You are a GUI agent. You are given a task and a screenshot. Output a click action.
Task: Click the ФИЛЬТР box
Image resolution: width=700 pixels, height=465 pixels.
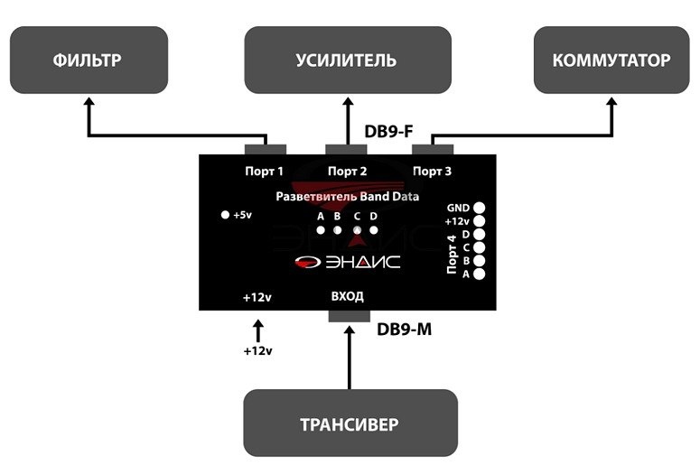click(89, 60)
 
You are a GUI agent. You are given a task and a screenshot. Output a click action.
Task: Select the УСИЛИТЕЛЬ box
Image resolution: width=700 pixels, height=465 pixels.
click(348, 60)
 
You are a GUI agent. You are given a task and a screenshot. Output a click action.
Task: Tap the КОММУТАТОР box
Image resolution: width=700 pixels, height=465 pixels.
click(611, 60)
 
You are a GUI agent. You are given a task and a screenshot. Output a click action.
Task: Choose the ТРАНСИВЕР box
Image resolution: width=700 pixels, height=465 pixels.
click(350, 423)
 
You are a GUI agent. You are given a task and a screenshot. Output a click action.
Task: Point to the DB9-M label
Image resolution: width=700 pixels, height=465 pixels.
click(404, 330)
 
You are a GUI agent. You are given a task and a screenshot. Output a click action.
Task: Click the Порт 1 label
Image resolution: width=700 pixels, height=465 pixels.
click(265, 171)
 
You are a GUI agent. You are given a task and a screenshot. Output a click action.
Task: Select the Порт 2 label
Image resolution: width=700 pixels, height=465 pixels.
click(347, 171)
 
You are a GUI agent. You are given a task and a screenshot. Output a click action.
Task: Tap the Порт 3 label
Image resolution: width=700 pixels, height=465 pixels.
click(433, 171)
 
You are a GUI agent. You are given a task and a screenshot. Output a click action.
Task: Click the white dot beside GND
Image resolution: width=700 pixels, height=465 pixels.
click(480, 208)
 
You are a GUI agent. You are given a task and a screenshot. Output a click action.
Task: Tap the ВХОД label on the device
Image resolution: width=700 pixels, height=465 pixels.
click(347, 296)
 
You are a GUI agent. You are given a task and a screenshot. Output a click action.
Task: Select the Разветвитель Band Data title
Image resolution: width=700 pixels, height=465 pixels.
click(347, 195)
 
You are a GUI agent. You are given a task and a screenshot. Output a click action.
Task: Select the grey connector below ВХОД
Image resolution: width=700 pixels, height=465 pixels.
click(349, 316)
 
